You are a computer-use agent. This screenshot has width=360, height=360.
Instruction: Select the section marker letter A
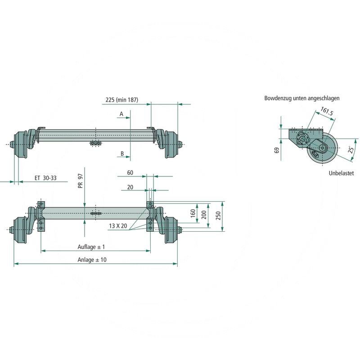tap(121, 114)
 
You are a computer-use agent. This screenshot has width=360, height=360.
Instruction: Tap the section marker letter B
tap(122, 154)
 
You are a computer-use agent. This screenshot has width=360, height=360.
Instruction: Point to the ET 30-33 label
tap(45, 178)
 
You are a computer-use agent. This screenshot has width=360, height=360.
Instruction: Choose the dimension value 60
tap(130, 173)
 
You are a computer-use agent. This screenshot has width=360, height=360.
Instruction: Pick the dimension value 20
tap(130, 187)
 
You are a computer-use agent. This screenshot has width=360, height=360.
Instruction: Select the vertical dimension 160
tap(193, 213)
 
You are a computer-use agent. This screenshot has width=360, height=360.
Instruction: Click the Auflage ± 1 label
tap(91, 247)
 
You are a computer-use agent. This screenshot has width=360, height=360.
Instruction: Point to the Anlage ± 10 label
tap(92, 260)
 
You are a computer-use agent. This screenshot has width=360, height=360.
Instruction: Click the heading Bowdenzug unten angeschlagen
tap(302, 98)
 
